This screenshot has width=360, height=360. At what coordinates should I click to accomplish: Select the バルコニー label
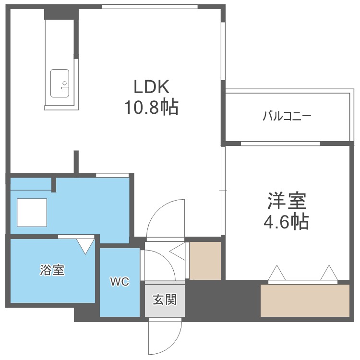(x=287, y=116)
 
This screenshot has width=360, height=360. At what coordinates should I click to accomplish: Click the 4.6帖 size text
(x=287, y=222)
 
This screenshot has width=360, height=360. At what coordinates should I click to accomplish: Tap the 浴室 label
(x=52, y=270)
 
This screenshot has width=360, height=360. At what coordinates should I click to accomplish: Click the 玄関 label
(x=165, y=300)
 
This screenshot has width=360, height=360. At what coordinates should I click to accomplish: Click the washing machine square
(x=32, y=212)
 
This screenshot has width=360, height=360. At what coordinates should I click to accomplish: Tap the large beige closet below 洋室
(x=305, y=300)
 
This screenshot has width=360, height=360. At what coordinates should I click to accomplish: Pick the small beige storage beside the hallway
(x=205, y=261)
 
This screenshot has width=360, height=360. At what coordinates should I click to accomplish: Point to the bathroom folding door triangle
(x=86, y=245)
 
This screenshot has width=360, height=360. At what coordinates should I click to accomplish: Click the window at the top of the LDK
(x=150, y=6)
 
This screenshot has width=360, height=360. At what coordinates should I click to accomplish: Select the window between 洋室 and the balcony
(x=280, y=143)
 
